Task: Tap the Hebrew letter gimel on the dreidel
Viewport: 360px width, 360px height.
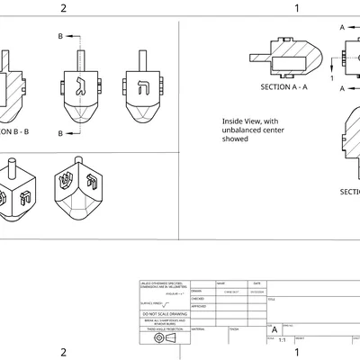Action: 78,87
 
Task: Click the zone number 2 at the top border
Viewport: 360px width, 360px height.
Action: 63,8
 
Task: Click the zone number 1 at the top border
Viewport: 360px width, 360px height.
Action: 297,8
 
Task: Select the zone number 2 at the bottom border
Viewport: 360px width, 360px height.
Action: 63,352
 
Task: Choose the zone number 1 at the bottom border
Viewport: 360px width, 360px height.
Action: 297,352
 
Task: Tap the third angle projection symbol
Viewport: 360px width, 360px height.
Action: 162,337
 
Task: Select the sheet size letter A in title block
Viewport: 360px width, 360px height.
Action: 274,330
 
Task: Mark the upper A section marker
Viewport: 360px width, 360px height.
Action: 343,28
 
